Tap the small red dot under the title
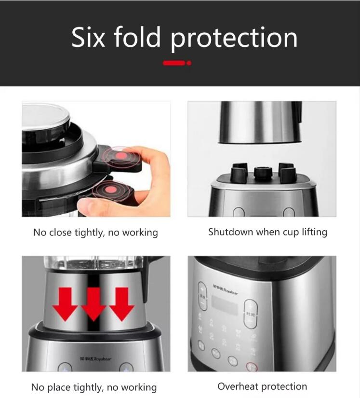click(x=189, y=63)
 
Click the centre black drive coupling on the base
click(x=263, y=172)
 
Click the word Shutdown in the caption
click(x=230, y=232)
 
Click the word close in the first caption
click(x=60, y=233)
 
